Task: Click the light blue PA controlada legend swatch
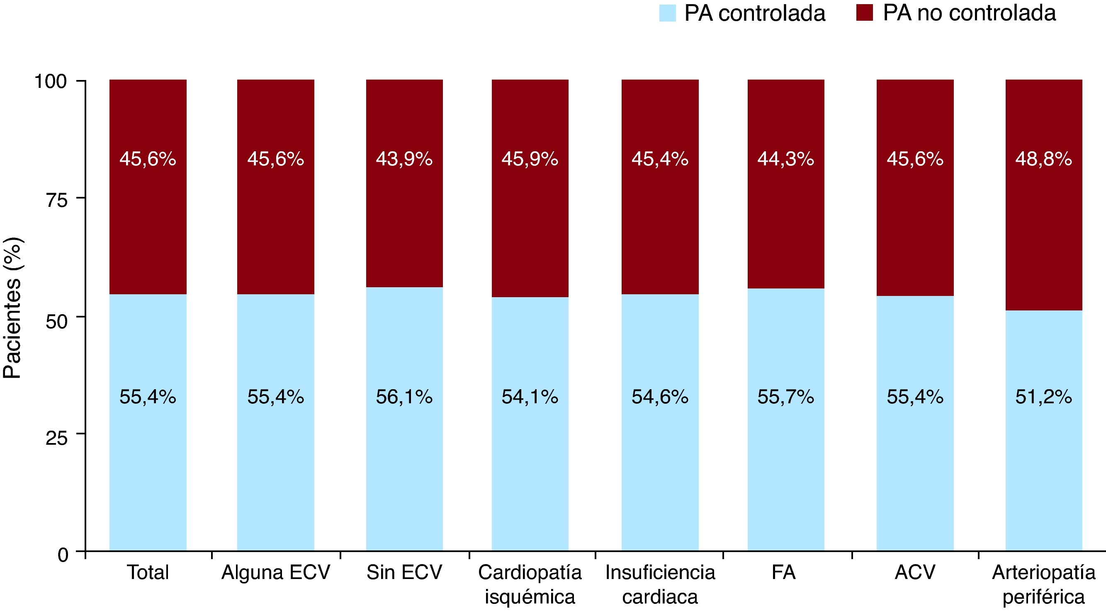[667, 13]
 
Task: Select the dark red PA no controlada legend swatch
[864, 12]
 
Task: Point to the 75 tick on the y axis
[57, 200]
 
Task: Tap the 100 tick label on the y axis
[51, 81]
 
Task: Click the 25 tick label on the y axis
[57, 438]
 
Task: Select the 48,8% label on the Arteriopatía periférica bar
[1043, 159]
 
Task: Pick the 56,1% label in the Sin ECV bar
[404, 397]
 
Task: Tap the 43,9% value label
[404, 159]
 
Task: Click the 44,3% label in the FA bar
[785, 159]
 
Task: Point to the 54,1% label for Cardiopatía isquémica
[530, 397]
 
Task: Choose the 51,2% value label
[1043, 397]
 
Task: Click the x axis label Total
[148, 572]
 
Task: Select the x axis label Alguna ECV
[276, 572]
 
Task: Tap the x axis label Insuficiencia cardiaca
[660, 584]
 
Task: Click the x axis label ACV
[914, 572]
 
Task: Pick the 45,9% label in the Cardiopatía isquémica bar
[530, 159]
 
